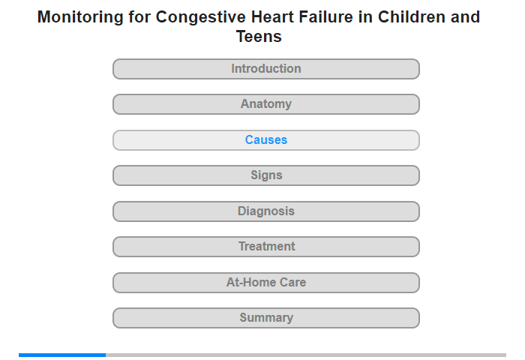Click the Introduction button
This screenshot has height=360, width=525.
[265, 69]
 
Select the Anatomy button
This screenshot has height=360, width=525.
[265, 104]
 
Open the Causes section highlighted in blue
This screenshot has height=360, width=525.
[265, 140]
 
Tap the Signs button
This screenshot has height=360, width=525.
[265, 175]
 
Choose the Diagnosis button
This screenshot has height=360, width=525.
[265, 211]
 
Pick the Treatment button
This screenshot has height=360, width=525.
[265, 247]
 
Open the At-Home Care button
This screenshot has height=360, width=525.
[265, 283]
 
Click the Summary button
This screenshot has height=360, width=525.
[265, 318]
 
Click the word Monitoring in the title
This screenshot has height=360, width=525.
[80, 17]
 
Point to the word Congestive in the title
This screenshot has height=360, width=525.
[200, 17]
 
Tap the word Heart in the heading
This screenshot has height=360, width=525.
[272, 16]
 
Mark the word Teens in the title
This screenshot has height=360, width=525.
[259, 36]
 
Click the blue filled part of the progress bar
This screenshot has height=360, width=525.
[62, 355]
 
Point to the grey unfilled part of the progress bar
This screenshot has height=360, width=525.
[306, 355]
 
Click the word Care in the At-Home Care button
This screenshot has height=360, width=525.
[292, 282]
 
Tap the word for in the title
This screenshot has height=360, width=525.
[139, 16]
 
